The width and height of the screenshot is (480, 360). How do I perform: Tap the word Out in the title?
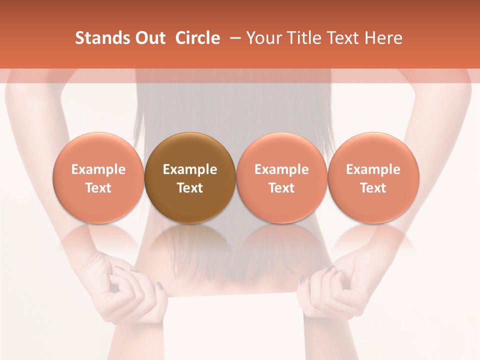click(x=149, y=38)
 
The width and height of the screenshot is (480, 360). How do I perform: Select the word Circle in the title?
click(x=197, y=38)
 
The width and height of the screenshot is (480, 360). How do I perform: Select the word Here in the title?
click(x=385, y=38)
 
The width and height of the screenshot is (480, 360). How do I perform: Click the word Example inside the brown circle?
click(x=190, y=169)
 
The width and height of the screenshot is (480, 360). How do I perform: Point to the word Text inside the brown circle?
click(x=190, y=188)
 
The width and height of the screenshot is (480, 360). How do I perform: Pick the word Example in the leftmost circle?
click(x=98, y=169)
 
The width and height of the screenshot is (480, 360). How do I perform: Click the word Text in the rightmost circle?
click(x=373, y=188)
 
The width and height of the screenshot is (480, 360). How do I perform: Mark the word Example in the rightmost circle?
click(x=373, y=169)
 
